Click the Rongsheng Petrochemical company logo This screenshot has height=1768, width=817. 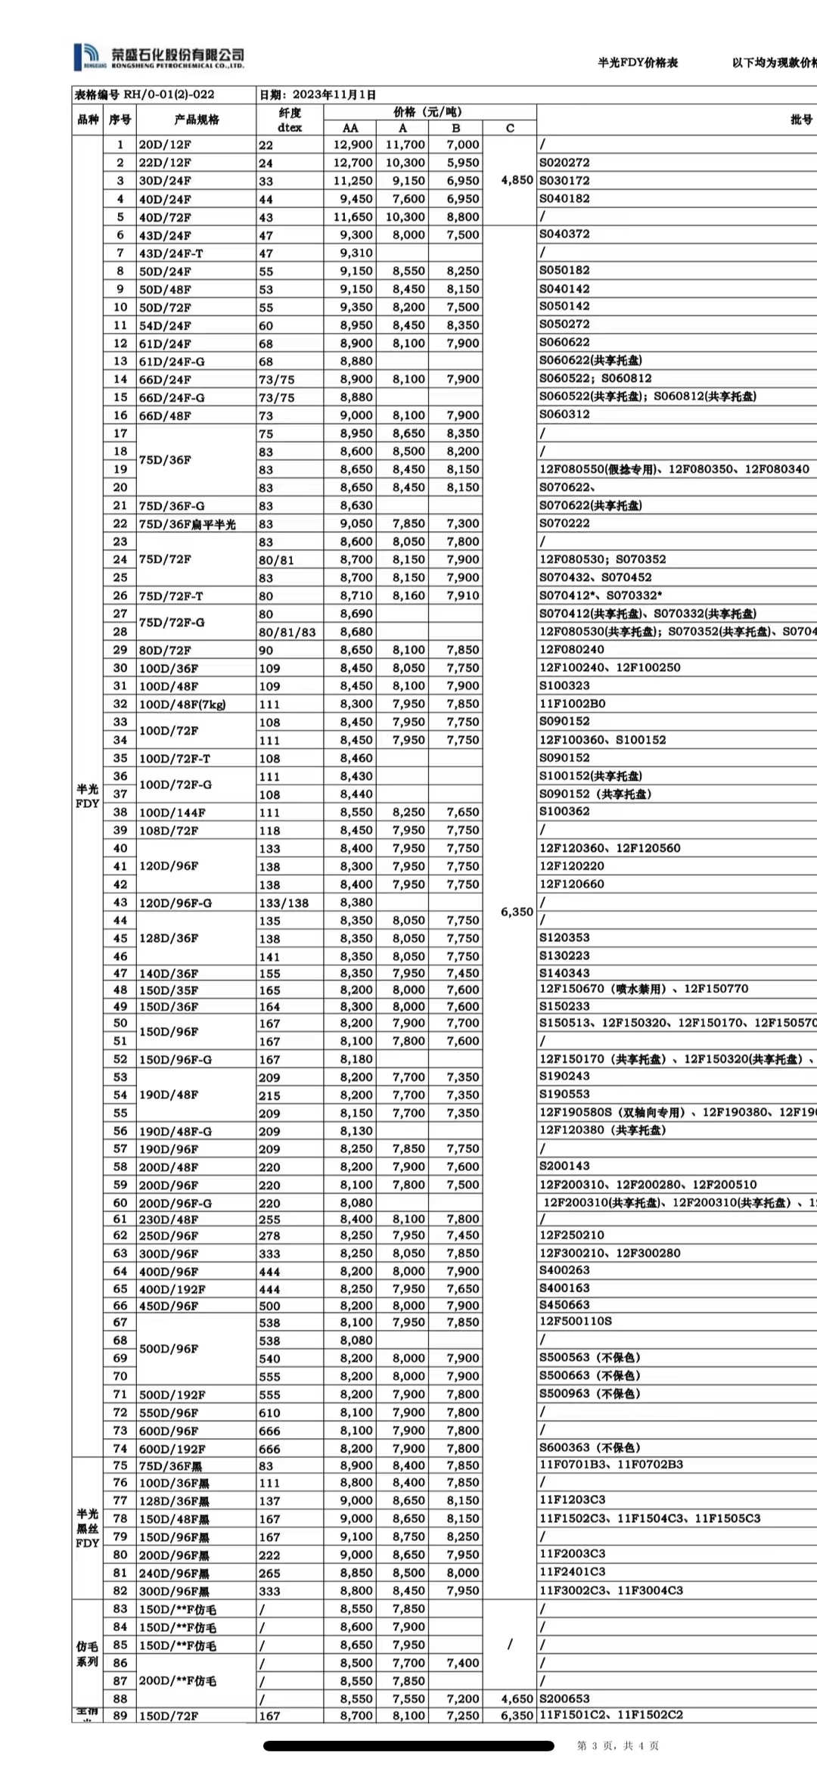pyautogui.click(x=159, y=57)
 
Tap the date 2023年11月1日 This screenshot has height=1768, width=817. pyautogui.click(x=318, y=95)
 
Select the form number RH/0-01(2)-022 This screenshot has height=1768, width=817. pyautogui.click(x=144, y=95)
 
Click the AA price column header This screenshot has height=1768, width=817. pyautogui.click(x=350, y=128)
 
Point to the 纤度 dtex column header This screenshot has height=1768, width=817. pyautogui.click(x=290, y=120)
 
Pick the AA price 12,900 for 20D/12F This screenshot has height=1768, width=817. pyautogui.click(x=353, y=144)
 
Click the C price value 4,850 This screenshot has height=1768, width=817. pyautogui.click(x=517, y=180)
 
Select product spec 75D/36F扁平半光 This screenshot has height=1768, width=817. pyautogui.click(x=187, y=524)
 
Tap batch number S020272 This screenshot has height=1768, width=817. pyautogui.click(x=564, y=163)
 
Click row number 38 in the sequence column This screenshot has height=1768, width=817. pyautogui.click(x=120, y=812)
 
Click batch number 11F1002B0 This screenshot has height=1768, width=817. pyautogui.click(x=572, y=704)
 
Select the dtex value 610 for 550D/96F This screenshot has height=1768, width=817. pyautogui.click(x=269, y=1413)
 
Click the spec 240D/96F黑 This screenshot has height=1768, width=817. pyautogui.click(x=174, y=1574)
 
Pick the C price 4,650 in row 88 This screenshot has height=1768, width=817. pyautogui.click(x=517, y=1699)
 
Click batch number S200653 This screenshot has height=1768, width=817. pyautogui.click(x=564, y=1699)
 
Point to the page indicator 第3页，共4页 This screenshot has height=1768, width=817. pyautogui.click(x=617, y=1746)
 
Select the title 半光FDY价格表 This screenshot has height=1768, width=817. pyautogui.click(x=637, y=63)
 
